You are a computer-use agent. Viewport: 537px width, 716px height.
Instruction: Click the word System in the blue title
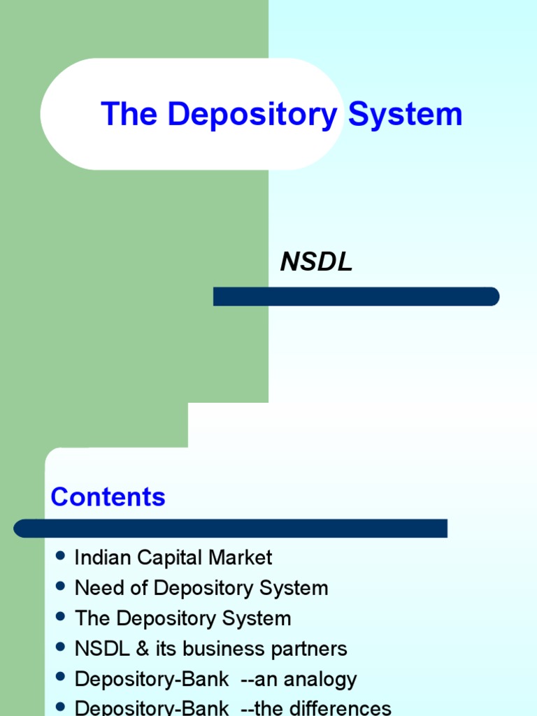(x=406, y=115)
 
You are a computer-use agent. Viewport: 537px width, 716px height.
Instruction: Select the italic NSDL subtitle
(x=316, y=262)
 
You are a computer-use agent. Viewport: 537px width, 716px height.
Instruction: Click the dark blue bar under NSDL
(x=356, y=296)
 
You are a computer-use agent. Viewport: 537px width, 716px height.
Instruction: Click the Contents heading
(x=108, y=497)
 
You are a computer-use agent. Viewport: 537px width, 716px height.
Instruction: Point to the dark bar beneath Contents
(x=231, y=528)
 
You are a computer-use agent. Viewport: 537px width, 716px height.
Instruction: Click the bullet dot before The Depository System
(x=60, y=617)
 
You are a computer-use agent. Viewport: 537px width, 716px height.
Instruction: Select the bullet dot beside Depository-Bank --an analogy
(x=60, y=678)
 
